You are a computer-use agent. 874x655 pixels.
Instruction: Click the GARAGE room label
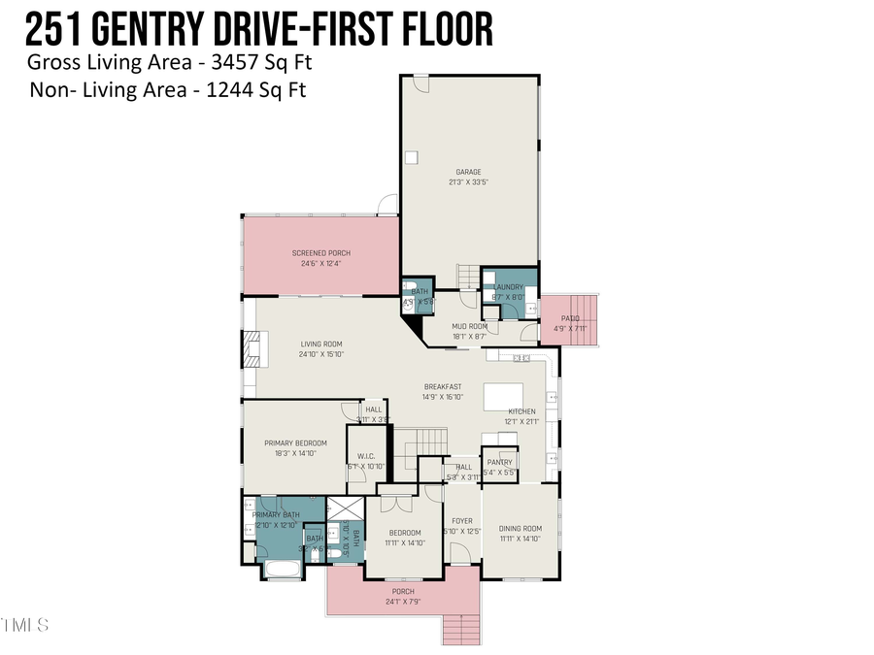468,173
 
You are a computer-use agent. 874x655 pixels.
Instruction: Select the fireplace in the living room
252,348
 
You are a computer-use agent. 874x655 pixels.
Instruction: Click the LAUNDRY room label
508,287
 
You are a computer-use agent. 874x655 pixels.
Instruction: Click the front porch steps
461,630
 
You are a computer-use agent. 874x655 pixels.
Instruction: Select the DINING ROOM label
520,529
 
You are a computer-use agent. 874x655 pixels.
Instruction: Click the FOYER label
461,521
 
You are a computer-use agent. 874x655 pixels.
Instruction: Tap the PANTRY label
499,463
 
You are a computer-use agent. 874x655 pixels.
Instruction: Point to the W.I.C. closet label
366,456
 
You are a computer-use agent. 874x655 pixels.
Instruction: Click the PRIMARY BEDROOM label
295,443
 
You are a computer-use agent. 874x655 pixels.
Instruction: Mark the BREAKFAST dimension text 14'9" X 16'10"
442,397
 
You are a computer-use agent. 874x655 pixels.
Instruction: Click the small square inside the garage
412,157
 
